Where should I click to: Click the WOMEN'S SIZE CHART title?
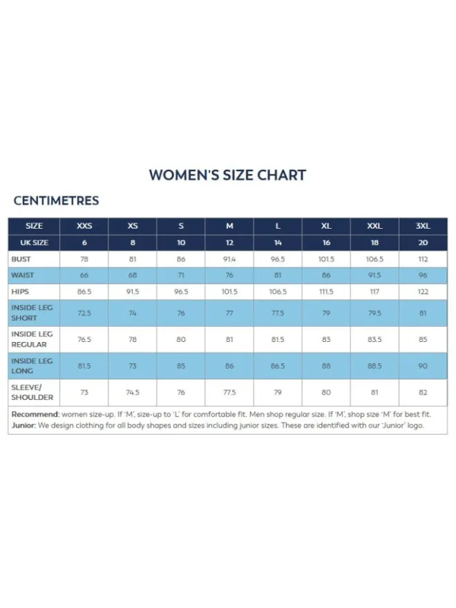coord(227,175)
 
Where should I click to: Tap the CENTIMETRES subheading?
coord(56,200)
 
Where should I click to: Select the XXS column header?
coord(84,226)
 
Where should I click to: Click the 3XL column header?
coord(423,226)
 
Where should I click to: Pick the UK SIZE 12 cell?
coord(229,243)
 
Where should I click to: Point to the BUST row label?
coord(21,259)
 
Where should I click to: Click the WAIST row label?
coord(23,275)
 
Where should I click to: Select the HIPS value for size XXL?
coord(374,292)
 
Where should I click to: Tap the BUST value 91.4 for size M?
coord(229,259)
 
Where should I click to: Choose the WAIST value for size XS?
coord(133,275)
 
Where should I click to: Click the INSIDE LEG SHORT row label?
coord(32,313)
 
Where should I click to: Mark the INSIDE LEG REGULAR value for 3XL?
coord(423,340)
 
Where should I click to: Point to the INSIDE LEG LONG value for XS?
coord(133,366)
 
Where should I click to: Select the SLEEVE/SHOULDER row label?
coord(32,392)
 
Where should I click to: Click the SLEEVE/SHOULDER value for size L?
coord(278,392)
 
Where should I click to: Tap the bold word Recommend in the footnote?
coord(35,414)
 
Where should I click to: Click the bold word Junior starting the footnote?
coord(23,426)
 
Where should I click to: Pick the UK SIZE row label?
coord(34,243)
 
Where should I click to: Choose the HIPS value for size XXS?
coord(84,292)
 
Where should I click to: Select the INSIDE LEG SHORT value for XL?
coord(326,313)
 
